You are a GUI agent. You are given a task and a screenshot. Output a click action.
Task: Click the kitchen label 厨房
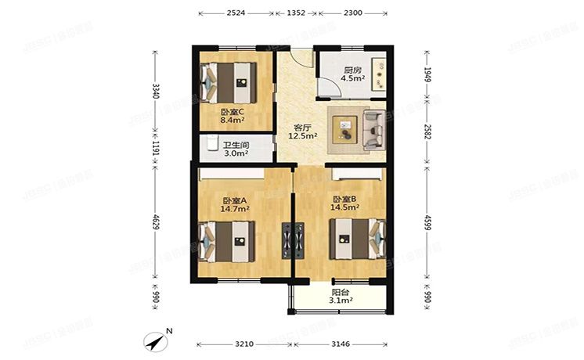click(x=354, y=70)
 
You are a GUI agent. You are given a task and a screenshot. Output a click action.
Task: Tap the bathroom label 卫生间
click(x=235, y=145)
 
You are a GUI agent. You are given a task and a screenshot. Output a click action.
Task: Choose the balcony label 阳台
click(x=340, y=290)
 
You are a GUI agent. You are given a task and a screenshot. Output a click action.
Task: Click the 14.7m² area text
click(x=235, y=208)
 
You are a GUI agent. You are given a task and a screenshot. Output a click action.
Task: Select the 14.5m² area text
click(x=345, y=207)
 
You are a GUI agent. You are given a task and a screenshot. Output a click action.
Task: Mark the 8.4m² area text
click(x=233, y=121)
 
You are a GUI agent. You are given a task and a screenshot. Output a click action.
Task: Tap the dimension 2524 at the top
click(x=236, y=13)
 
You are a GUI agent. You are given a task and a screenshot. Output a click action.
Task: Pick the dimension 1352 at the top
click(x=296, y=13)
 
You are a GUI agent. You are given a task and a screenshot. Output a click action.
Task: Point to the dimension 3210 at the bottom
click(x=244, y=344)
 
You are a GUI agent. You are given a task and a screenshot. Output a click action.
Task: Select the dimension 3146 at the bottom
click(x=340, y=344)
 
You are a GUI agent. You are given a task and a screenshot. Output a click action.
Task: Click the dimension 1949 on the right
click(x=427, y=75)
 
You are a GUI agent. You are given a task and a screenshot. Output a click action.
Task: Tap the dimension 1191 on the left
click(x=155, y=146)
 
